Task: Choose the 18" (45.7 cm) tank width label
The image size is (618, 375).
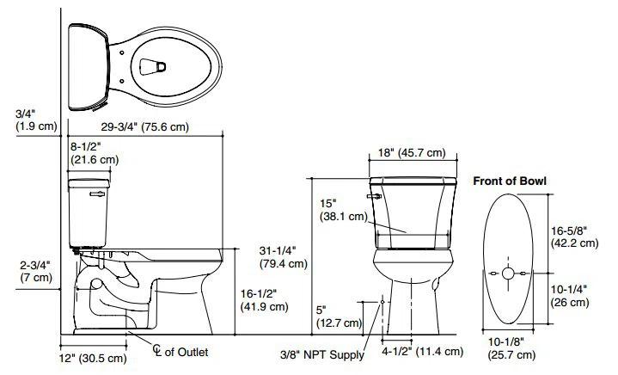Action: (412, 153)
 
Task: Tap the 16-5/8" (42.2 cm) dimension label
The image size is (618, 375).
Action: (575, 237)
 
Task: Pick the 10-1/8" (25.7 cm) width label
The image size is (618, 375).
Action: (508, 347)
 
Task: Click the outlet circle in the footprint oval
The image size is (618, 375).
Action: (508, 274)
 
